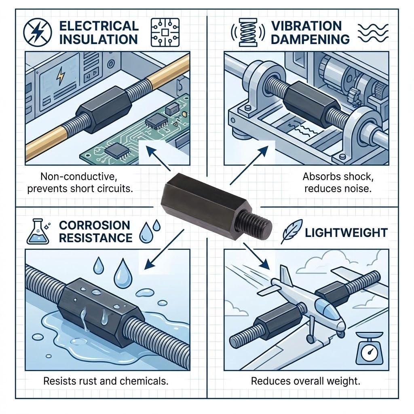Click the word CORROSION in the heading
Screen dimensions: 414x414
(95, 225)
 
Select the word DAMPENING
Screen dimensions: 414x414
(310, 39)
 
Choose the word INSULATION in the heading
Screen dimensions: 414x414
(98, 39)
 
